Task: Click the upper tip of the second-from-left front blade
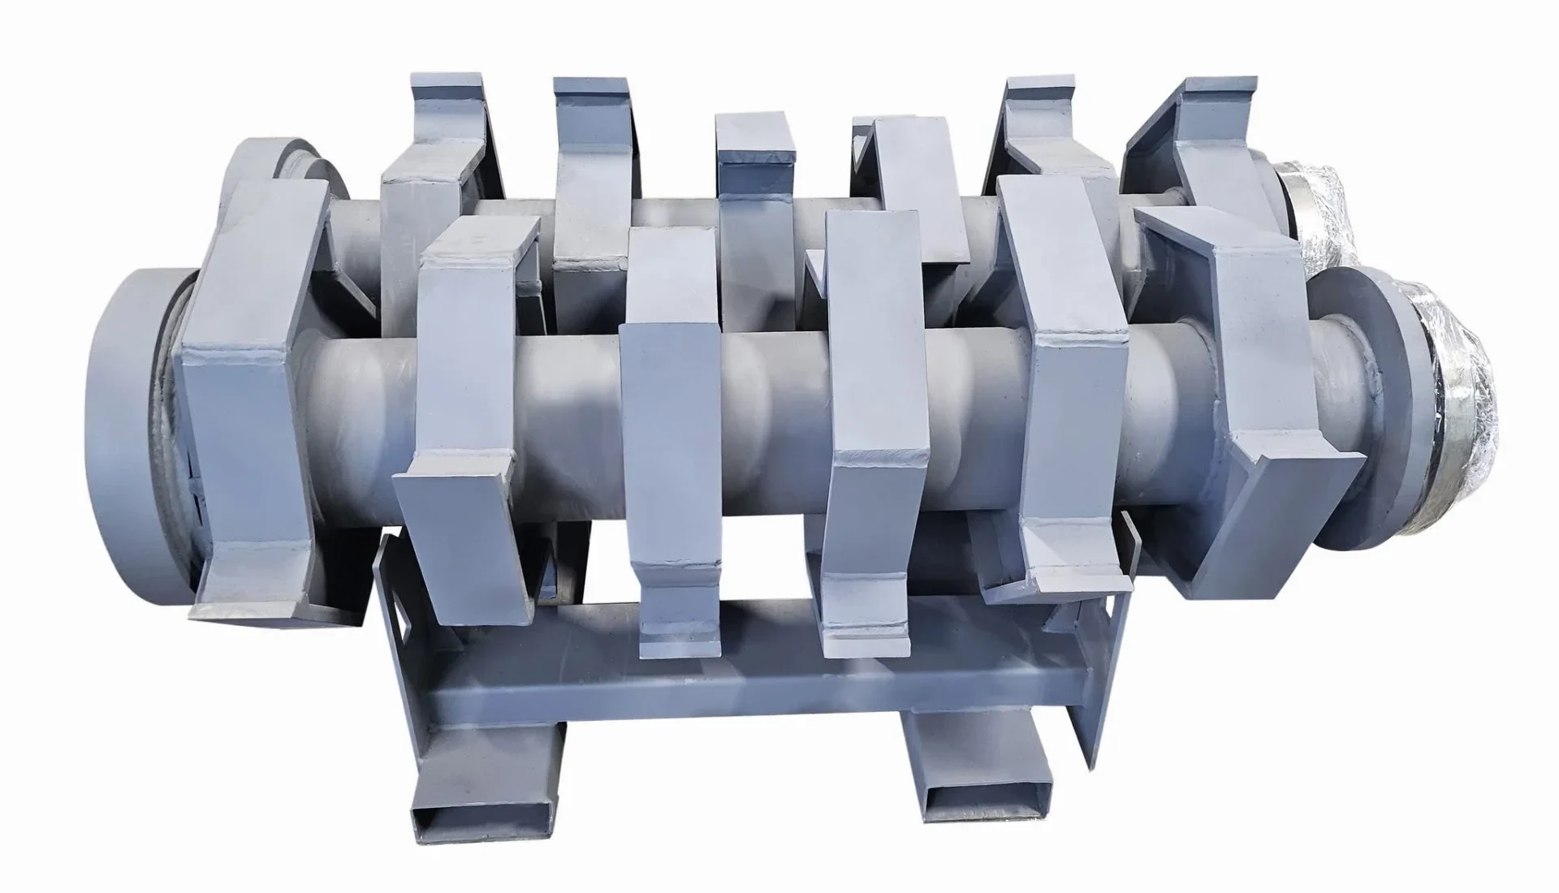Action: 479,239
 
